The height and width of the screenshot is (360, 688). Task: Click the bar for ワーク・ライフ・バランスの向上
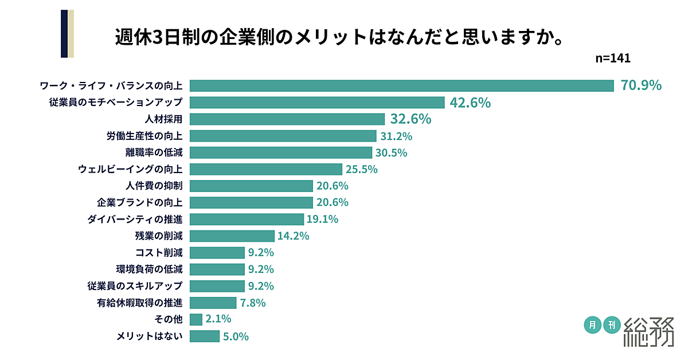[401, 85]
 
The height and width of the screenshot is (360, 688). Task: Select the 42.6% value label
[470, 103]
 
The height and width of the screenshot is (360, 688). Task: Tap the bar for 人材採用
[287, 119]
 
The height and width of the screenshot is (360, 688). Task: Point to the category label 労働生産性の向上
[144, 136]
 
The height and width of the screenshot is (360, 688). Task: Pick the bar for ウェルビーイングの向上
[266, 169]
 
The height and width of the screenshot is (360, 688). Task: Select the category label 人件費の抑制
[154, 186]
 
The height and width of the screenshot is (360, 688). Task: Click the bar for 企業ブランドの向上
[251, 202]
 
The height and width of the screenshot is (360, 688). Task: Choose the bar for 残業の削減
[232, 236]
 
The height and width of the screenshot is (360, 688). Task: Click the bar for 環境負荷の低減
[217, 269]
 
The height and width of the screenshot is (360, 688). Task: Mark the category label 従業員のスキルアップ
[135, 285]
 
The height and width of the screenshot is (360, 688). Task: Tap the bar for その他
[196, 319]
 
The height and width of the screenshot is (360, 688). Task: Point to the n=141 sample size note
[613, 58]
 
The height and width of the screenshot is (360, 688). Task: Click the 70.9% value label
[641, 85]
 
